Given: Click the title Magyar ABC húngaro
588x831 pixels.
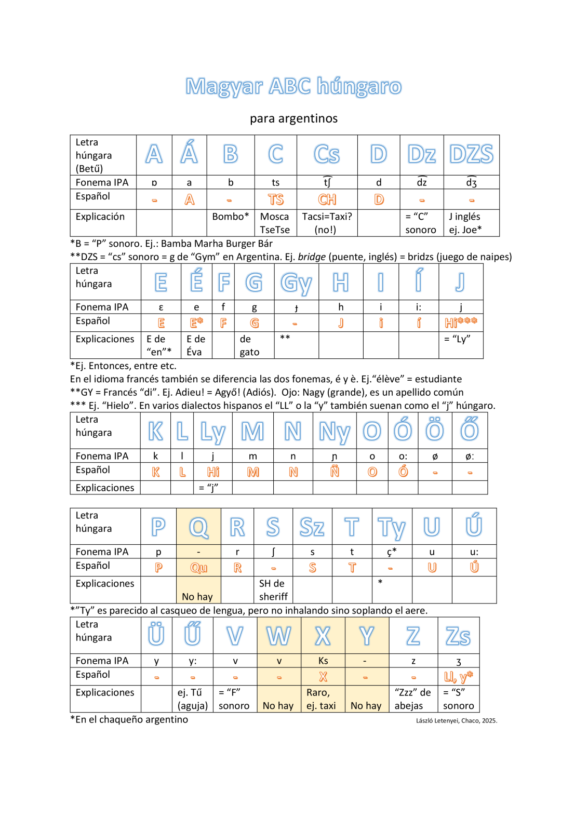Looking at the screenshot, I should [293, 87].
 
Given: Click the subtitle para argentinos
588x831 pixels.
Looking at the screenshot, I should [293, 118].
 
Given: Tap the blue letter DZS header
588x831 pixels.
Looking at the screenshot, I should [471, 154].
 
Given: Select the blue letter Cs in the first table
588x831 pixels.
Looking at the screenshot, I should [327, 154].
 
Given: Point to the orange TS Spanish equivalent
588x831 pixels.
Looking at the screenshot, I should [275, 199].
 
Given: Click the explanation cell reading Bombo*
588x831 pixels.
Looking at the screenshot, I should [230, 217].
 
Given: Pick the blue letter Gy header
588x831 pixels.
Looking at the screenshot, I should [296, 283].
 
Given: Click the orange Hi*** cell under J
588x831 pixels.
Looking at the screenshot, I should [460, 323].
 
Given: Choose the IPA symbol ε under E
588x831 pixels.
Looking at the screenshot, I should [161, 307].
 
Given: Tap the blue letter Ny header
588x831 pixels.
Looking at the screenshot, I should [334, 432].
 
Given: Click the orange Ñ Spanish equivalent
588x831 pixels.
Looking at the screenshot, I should [335, 472].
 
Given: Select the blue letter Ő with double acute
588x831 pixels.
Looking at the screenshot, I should [470, 430].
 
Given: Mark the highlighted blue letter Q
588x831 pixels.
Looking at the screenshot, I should [198, 528].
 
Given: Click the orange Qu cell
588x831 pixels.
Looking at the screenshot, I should [198, 568].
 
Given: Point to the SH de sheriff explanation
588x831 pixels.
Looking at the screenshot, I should [273, 590].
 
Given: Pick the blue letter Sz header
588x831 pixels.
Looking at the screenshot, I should [312, 528].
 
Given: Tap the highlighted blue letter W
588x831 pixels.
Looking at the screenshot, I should [279, 636].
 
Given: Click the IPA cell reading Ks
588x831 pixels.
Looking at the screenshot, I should [323, 661].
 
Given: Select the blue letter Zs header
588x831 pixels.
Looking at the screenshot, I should [458, 636].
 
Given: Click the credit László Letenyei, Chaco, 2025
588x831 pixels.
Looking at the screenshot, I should [456, 720].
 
